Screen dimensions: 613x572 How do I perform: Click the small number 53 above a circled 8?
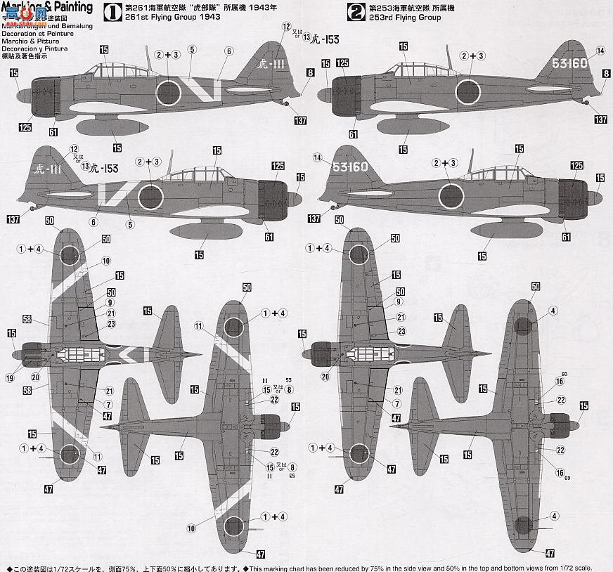pos(288,380)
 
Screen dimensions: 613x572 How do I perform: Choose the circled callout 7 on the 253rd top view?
pos(396,403)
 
